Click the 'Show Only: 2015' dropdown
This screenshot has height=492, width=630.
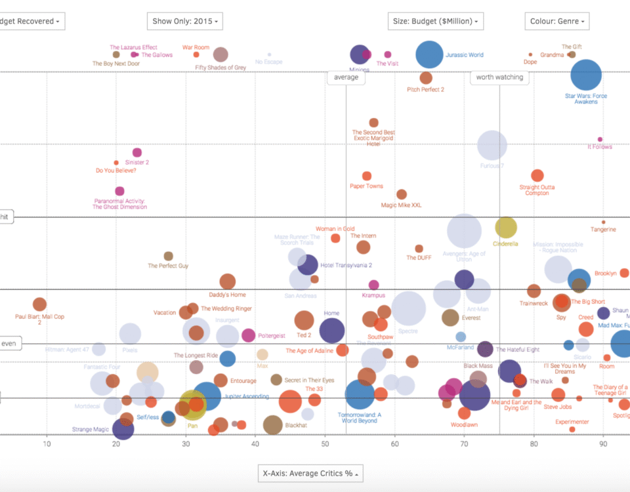[x=184, y=21]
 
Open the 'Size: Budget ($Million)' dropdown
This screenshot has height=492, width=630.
[x=435, y=21]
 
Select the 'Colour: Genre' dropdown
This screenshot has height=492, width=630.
[x=556, y=21]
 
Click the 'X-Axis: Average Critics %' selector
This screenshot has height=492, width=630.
[x=310, y=474]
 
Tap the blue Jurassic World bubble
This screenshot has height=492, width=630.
[x=429, y=55]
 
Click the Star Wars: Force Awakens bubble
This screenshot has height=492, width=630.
[x=586, y=75]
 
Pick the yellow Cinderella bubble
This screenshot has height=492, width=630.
[x=505, y=228]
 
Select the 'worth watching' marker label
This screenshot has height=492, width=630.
[x=499, y=77]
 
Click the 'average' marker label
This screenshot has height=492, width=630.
[x=346, y=77]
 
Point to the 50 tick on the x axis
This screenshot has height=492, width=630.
[x=325, y=444]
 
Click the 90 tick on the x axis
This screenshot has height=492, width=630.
[x=603, y=444]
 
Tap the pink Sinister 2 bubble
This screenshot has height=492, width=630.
[x=137, y=153]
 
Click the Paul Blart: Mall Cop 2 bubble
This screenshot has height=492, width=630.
[x=39, y=304]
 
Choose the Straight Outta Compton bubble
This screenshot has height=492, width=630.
[x=537, y=176]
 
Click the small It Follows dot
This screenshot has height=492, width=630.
[x=600, y=140]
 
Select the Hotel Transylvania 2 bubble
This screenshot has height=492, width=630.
[x=308, y=265]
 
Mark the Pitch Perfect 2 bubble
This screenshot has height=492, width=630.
[x=426, y=79]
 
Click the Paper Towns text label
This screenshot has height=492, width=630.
[x=366, y=186]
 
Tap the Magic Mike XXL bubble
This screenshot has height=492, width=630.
[x=402, y=195]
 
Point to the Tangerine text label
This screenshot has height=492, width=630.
[x=603, y=230]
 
